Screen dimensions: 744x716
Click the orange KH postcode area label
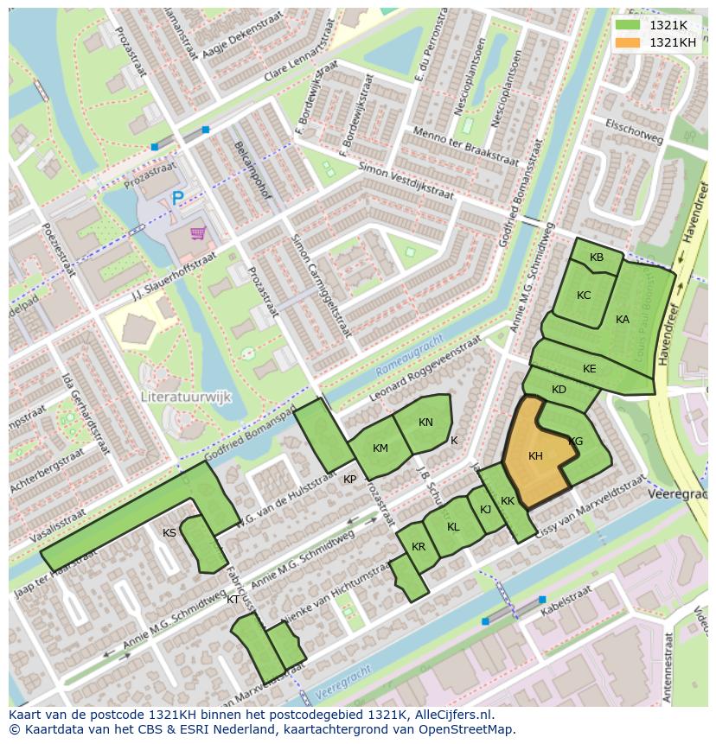[535, 456]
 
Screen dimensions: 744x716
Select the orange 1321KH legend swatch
[628, 42]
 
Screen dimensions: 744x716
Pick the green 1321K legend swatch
[628, 25]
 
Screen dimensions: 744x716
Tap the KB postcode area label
[597, 258]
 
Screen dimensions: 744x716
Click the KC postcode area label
[584, 296]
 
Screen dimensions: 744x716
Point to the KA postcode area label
[623, 320]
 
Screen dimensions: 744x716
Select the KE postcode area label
[590, 369]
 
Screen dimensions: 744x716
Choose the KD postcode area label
[559, 390]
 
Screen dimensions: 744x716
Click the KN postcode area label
[425, 423]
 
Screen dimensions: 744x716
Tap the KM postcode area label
[380, 448]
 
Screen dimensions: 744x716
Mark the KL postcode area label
[453, 527]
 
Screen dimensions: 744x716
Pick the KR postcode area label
[419, 547]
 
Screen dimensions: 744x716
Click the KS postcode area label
[169, 533]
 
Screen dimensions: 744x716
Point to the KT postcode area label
[233, 599]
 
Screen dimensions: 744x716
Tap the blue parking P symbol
[177, 199]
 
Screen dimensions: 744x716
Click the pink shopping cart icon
[199, 232]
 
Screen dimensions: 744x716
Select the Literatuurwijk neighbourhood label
[186, 397]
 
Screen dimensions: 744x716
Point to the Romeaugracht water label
[410, 354]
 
